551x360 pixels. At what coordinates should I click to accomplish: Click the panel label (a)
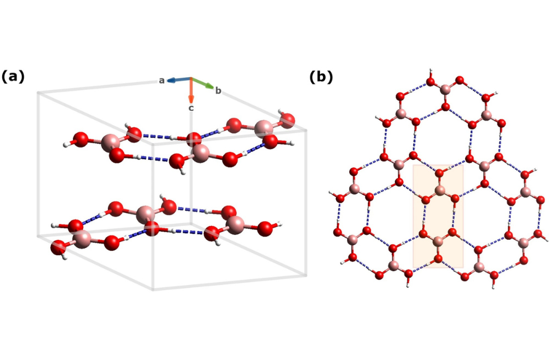click(13, 77)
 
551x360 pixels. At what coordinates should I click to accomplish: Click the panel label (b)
click(321, 77)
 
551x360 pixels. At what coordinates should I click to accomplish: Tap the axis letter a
click(161, 80)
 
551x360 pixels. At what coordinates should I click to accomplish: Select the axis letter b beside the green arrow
click(218, 90)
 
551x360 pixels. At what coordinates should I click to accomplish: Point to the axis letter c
click(191, 108)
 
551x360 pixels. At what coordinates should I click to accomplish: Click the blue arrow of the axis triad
click(179, 80)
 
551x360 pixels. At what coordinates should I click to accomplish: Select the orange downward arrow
click(191, 90)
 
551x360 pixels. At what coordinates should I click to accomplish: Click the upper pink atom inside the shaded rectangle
click(440, 191)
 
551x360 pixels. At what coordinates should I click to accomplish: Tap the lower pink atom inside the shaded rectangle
click(438, 241)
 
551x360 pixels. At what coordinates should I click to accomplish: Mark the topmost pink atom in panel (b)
click(445, 89)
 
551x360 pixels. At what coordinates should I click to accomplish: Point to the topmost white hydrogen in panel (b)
click(430, 71)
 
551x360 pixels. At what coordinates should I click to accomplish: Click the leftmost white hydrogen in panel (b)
click(331, 192)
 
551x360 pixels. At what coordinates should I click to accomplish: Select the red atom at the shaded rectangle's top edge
click(439, 173)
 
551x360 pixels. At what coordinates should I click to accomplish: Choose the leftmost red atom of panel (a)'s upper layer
click(81, 139)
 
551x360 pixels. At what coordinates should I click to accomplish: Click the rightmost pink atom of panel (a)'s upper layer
click(264, 129)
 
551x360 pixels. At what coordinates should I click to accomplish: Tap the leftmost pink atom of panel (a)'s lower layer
click(82, 239)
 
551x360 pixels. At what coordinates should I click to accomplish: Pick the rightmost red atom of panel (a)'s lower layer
click(265, 229)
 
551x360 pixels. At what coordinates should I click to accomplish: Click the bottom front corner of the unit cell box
click(153, 289)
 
